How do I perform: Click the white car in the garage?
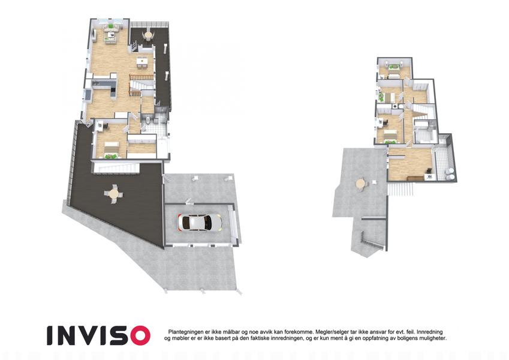[x=200, y=223]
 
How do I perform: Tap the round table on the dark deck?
[x=114, y=194]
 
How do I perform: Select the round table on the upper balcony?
[x=148, y=35]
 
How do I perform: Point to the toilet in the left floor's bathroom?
[x=148, y=121]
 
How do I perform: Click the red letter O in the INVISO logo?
[x=138, y=335]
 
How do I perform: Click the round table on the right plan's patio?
[x=361, y=184]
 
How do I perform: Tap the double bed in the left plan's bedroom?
[x=111, y=149]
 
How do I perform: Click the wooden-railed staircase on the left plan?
[x=141, y=85]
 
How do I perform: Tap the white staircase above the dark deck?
[x=117, y=168]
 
